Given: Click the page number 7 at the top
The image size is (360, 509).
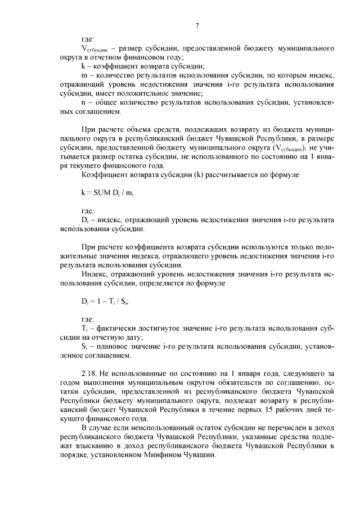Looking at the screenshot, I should point(197,25).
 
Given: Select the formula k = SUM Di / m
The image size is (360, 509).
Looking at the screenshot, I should point(107,193).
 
